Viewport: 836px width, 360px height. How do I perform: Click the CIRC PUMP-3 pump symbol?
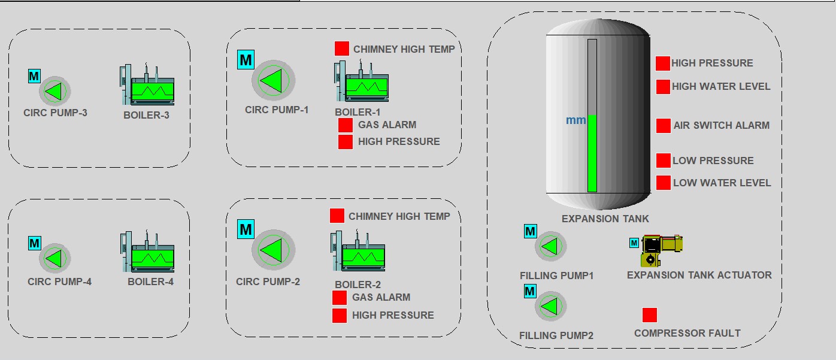pos(55,92)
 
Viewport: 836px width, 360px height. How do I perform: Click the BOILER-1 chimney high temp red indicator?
pos(342,49)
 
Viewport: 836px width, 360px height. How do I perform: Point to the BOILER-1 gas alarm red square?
pos(346,125)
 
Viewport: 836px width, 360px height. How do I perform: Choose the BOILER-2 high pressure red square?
pos(340,315)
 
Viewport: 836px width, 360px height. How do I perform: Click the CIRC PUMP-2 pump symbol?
pos(273,250)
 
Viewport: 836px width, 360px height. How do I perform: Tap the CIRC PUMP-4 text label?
pos(59,282)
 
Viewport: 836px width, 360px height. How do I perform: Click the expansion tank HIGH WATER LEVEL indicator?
pos(663,86)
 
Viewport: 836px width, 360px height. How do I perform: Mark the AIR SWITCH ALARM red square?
pos(664,125)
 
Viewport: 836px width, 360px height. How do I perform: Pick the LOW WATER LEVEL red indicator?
pos(663,183)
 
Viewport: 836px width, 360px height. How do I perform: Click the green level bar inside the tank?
pos(592,153)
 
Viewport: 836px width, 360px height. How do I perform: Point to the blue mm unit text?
pos(576,120)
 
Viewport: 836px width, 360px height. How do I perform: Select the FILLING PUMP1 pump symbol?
pos(550,246)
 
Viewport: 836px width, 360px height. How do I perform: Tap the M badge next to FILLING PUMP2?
pos(530,292)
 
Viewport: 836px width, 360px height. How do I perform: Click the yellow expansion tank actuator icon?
pos(661,249)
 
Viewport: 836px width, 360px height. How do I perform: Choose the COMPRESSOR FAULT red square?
pos(650,315)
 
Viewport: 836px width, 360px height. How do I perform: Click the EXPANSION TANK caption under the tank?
pos(605,219)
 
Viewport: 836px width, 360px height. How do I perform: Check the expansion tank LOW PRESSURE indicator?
pos(663,161)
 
